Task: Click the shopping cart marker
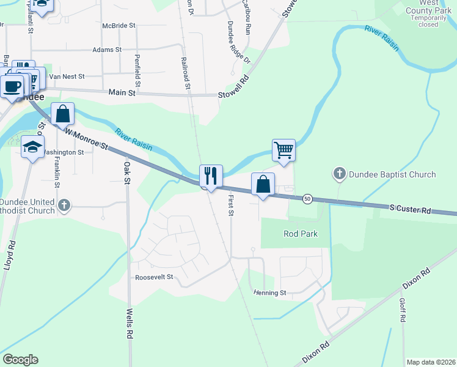283,150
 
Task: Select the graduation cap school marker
33,147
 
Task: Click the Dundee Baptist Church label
392,174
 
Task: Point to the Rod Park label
300,234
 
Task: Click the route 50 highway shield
307,199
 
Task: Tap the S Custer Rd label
410,210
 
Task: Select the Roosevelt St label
154,276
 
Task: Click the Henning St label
270,293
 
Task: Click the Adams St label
107,50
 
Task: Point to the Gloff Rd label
403,310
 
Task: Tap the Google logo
20,360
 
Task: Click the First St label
230,205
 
